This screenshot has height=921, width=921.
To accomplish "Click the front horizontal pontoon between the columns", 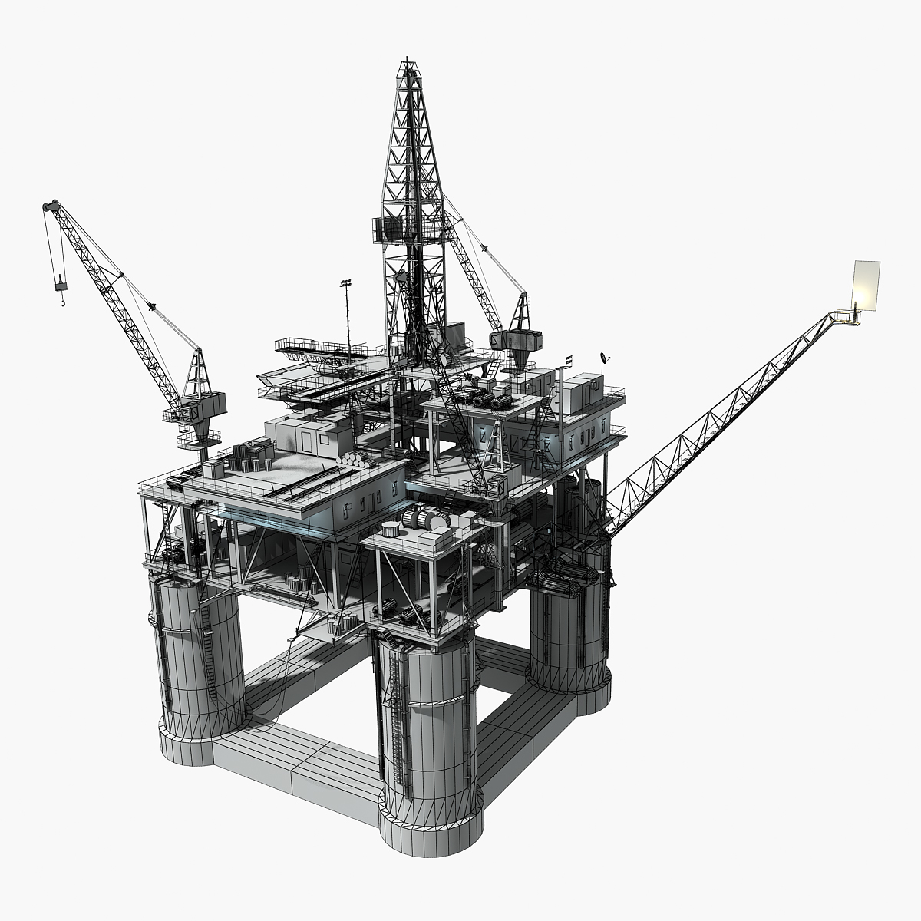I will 295,760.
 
